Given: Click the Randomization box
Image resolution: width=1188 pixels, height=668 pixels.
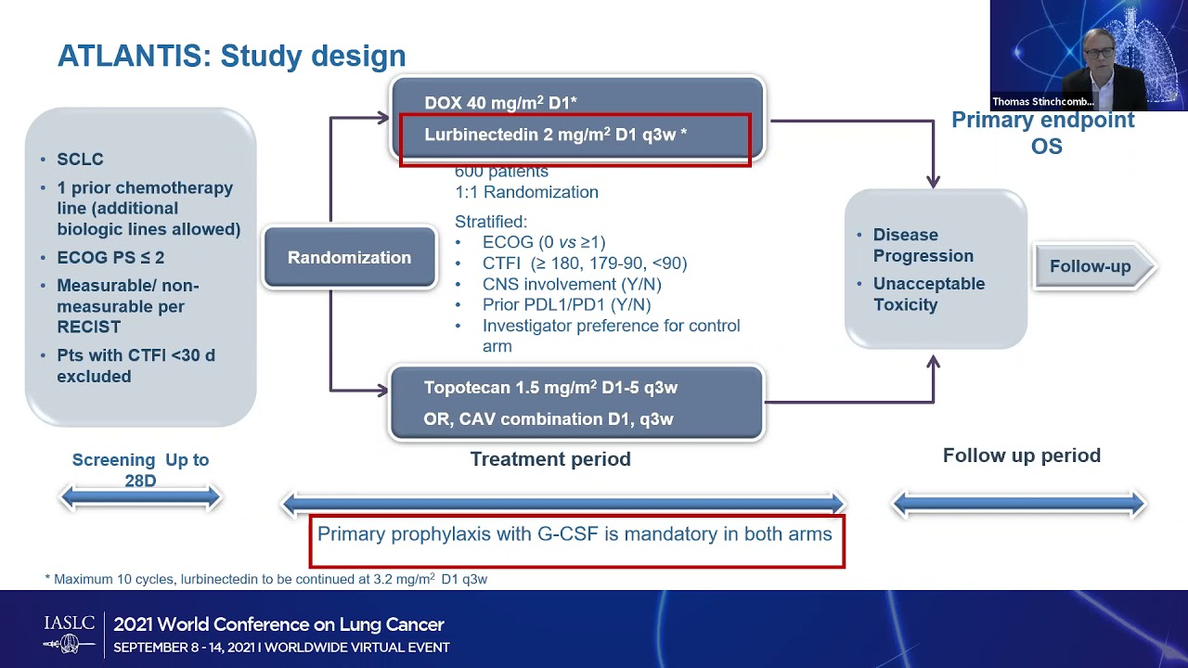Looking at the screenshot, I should click(x=349, y=258).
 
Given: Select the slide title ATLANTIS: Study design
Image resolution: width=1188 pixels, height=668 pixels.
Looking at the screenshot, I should click(x=231, y=56).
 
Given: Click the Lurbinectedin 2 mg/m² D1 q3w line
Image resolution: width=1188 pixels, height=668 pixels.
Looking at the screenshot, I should click(x=555, y=135).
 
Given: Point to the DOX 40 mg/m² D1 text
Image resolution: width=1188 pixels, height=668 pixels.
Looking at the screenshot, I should click(x=500, y=103).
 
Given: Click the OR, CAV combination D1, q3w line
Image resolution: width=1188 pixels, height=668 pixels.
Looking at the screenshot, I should click(x=548, y=419).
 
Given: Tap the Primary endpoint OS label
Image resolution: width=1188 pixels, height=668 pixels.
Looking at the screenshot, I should click(x=1043, y=133).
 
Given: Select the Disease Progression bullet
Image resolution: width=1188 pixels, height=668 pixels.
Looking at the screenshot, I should click(x=923, y=246).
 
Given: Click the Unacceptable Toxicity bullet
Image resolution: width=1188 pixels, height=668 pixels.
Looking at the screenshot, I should click(x=928, y=294).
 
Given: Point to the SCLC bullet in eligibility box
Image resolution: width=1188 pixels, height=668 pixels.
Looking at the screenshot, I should click(x=80, y=160).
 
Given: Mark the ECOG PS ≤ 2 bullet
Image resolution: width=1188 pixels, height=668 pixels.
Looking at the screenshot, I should click(x=110, y=258).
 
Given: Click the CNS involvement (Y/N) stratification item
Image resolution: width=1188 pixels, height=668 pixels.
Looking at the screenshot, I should click(x=571, y=285).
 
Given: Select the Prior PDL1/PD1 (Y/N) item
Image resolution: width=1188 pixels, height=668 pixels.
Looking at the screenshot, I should click(x=566, y=305).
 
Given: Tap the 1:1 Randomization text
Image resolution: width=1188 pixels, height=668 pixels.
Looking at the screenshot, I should click(x=526, y=193).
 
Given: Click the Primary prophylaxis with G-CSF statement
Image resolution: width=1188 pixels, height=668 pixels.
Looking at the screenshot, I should click(x=575, y=534).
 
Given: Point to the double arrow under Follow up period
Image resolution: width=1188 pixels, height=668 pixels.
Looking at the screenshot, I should click(x=1018, y=504).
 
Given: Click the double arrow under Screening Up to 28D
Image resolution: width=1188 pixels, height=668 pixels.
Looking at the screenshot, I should click(x=140, y=498).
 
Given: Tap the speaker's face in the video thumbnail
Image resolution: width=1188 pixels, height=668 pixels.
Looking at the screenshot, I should click(x=1098, y=46).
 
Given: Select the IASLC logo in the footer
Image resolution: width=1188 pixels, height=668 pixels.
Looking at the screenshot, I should click(x=70, y=633).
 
